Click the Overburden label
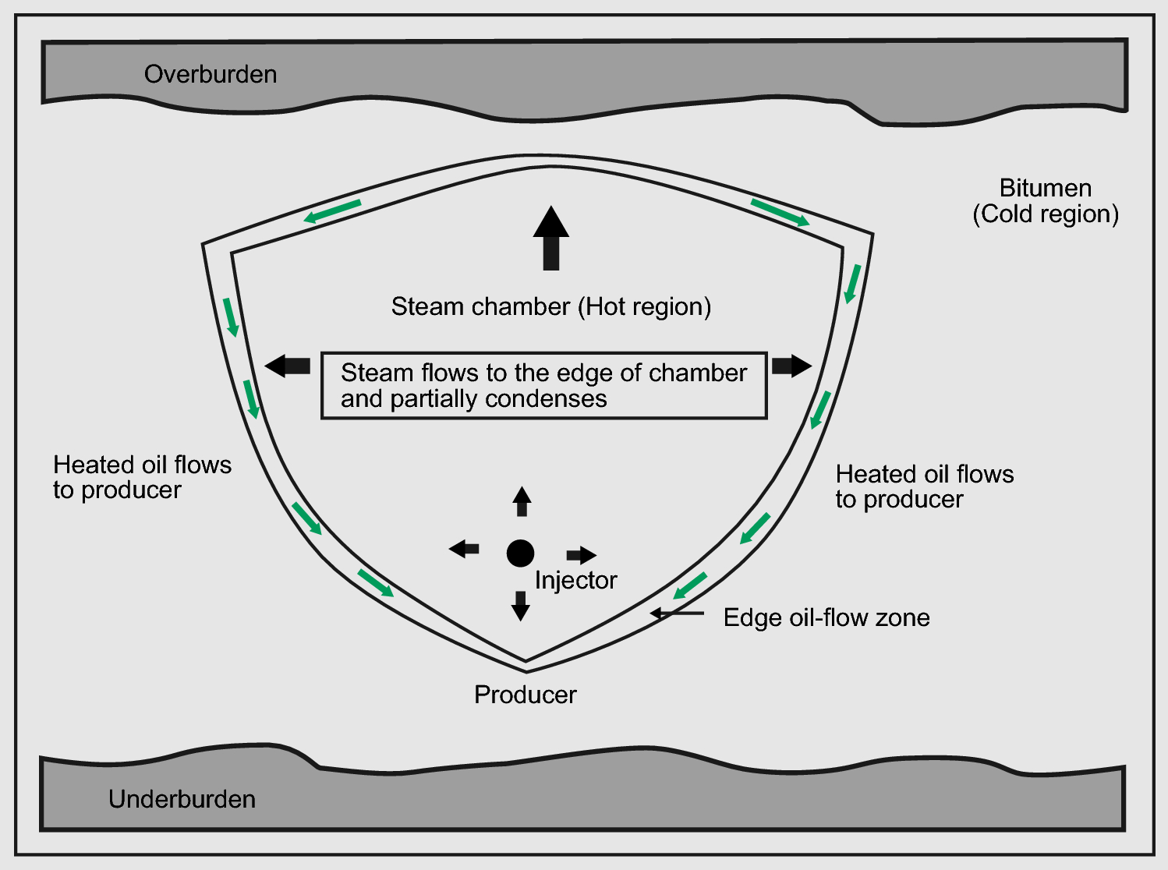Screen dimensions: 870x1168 click(211, 74)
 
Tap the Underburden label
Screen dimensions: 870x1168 click(182, 799)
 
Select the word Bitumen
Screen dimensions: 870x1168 click(1045, 188)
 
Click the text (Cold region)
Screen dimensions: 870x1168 click(1045, 214)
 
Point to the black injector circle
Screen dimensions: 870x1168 click(520, 553)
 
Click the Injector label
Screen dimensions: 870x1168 click(575, 580)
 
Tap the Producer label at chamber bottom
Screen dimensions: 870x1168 click(525, 695)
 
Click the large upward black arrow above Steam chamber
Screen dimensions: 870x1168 click(551, 237)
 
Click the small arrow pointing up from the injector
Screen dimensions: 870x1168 click(522, 501)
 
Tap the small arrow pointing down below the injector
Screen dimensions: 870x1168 click(520, 605)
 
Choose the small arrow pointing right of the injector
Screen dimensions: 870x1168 click(581, 555)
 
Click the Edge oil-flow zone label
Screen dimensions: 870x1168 click(826, 617)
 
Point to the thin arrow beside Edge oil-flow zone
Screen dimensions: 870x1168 click(677, 614)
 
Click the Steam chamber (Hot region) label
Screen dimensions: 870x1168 click(550, 306)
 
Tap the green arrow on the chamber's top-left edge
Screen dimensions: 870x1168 click(332, 211)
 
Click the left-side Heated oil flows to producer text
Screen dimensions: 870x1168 click(142, 477)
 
